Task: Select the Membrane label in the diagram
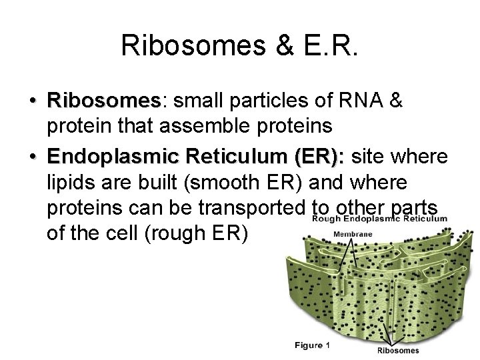pos(353,234)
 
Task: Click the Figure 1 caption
pos(313,345)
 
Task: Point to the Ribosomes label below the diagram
pos(398,351)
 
